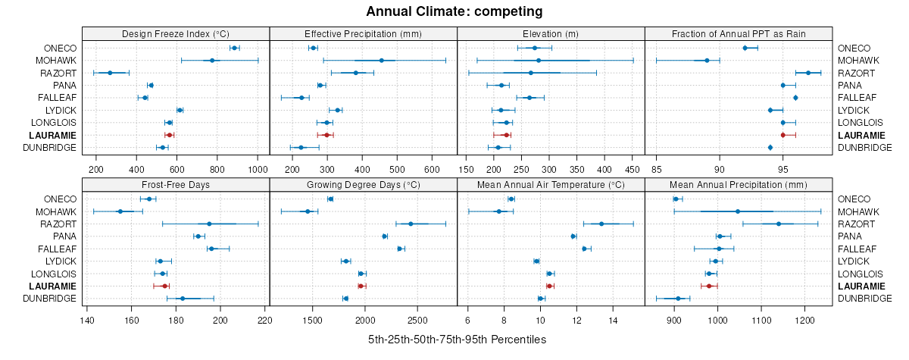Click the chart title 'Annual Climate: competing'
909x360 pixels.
(x=454, y=11)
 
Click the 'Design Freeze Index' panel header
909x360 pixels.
(x=175, y=33)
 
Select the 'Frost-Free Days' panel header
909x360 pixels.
(x=175, y=184)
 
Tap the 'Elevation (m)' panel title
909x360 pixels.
(x=551, y=33)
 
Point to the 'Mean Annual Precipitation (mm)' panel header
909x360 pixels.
(x=739, y=184)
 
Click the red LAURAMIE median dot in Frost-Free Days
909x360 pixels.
(x=164, y=286)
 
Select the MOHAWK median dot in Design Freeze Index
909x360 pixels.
(x=212, y=61)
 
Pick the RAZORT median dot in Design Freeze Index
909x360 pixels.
(x=110, y=73)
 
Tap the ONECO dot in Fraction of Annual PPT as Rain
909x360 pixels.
(x=745, y=48)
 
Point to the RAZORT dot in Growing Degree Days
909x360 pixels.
(x=411, y=224)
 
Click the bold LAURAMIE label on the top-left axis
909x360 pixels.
(x=53, y=135)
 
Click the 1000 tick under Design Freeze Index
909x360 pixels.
(x=257, y=169)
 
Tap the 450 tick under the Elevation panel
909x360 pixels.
(x=633, y=169)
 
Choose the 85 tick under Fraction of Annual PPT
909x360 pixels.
(x=657, y=169)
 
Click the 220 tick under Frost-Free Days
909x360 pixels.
(x=265, y=319)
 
